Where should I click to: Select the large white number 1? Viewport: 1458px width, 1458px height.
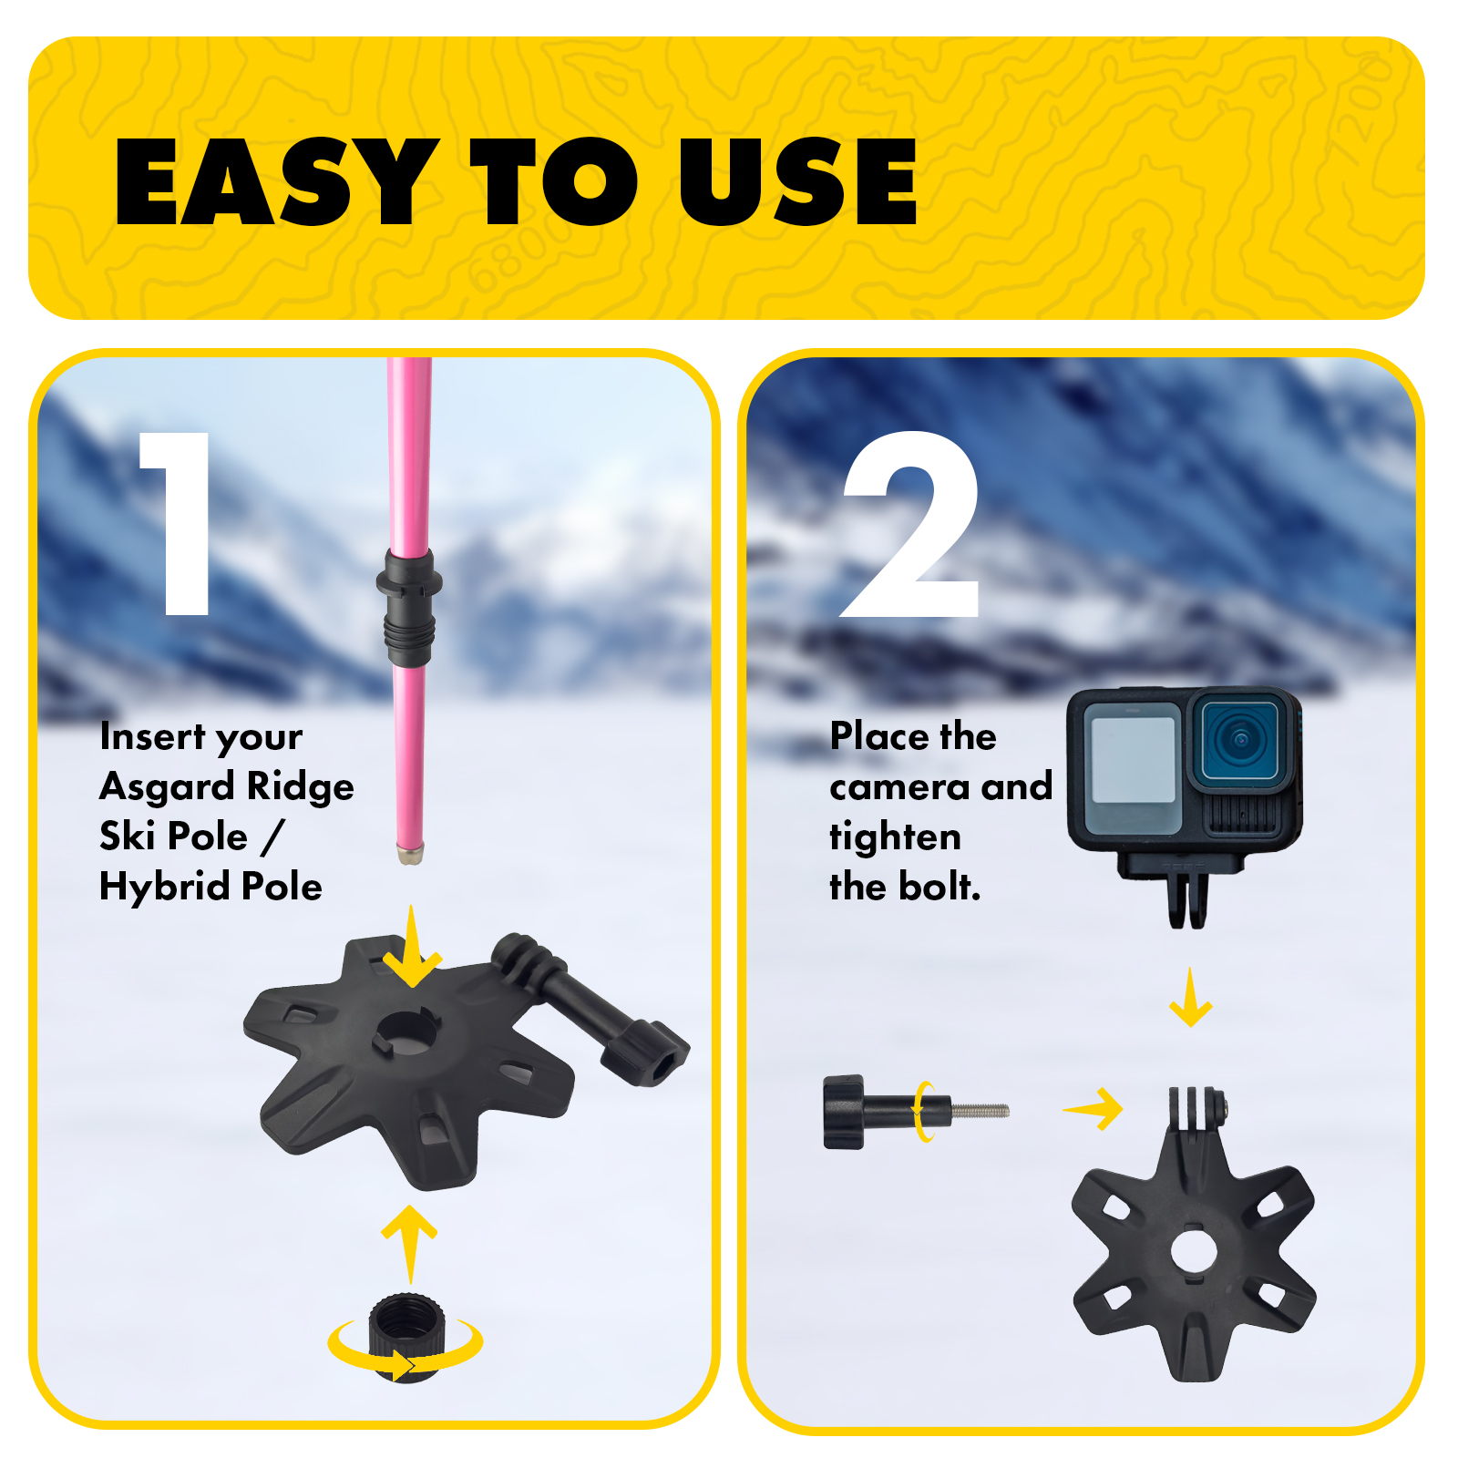click(x=180, y=523)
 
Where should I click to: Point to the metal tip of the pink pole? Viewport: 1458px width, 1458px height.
click(x=410, y=854)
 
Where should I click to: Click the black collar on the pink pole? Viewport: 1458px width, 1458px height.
click(x=408, y=607)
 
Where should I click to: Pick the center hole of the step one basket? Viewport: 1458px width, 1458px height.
click(x=407, y=1032)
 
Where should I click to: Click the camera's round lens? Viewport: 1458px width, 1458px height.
click(x=1240, y=738)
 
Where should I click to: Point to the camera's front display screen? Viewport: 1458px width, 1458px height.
click(x=1133, y=760)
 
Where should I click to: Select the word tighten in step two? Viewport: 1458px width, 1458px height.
click(x=895, y=837)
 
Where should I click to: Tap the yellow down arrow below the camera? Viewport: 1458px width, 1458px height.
click(x=1190, y=998)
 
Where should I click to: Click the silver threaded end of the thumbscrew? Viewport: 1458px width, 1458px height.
click(x=980, y=1111)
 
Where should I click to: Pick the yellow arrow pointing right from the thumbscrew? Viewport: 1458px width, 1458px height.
click(x=1093, y=1109)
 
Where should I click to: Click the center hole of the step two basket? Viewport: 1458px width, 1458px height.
click(x=1194, y=1250)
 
